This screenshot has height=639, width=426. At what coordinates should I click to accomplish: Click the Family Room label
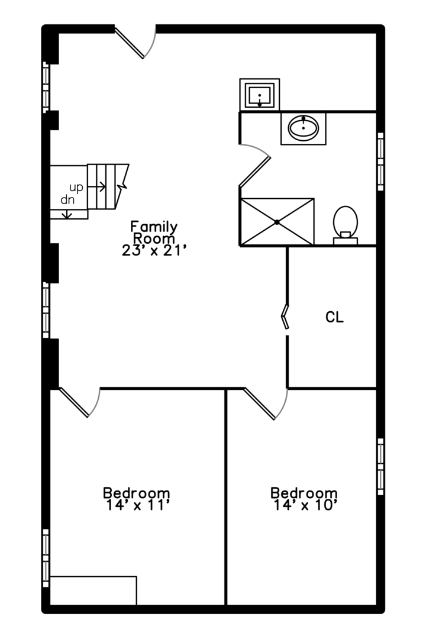[x=154, y=232]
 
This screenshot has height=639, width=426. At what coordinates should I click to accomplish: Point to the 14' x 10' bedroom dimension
[x=305, y=505]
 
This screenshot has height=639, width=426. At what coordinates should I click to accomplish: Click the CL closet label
[x=334, y=317]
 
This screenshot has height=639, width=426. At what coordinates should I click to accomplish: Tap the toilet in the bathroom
[x=346, y=224]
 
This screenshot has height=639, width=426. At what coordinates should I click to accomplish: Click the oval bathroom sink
[x=304, y=127]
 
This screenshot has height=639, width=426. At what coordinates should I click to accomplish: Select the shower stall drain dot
[x=277, y=222]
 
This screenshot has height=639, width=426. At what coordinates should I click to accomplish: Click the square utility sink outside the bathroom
[x=260, y=93]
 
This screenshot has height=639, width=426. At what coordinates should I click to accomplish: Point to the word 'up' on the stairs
[x=76, y=187]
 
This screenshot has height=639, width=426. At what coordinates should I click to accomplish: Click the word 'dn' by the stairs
[x=67, y=200]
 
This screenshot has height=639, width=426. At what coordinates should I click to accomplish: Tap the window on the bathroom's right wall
[x=380, y=161]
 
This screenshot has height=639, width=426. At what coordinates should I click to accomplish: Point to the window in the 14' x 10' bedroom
[x=380, y=466]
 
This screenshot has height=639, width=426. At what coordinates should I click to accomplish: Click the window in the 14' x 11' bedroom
[x=46, y=557]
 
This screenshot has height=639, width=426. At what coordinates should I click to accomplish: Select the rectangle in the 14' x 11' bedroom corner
[x=93, y=590]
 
